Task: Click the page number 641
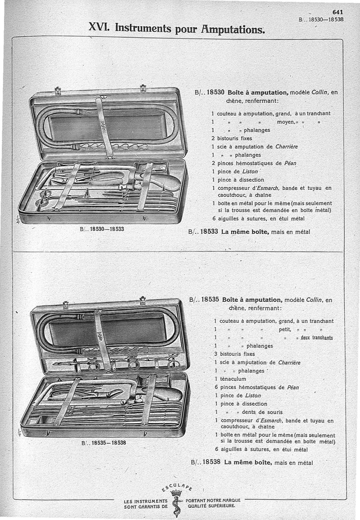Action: point(337,13)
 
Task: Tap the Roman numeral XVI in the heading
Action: point(99,27)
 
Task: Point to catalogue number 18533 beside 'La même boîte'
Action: point(210,232)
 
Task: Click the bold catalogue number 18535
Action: point(210,299)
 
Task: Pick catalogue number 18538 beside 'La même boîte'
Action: point(211,462)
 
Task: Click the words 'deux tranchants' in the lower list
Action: point(317,338)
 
